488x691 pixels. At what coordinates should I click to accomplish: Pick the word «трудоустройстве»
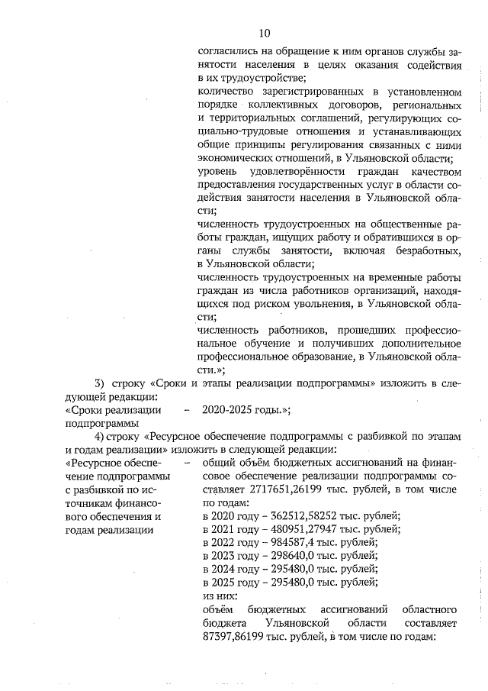coord(258,78)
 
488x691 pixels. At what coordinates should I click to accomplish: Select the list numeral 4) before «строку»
coord(99,435)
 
